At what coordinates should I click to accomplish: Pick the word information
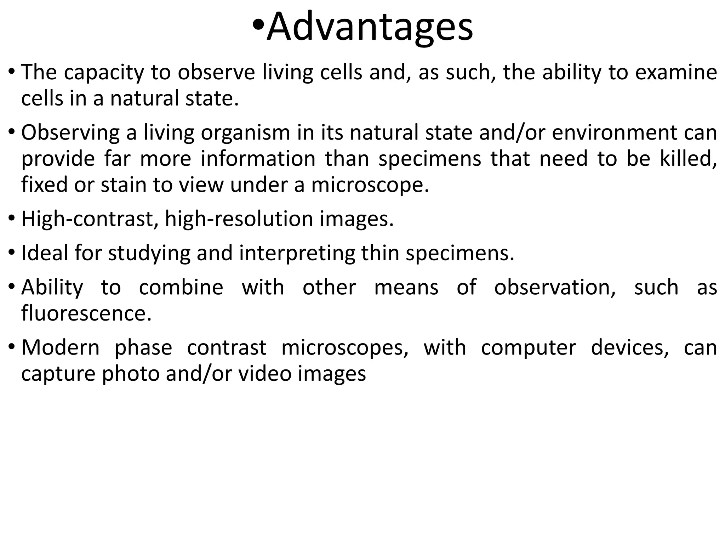pos(258,158)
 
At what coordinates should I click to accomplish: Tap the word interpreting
pos(297,254)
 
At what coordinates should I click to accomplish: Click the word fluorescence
pos(86,313)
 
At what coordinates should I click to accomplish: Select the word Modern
pos(61,347)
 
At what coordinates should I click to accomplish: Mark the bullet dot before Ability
pos(12,286)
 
